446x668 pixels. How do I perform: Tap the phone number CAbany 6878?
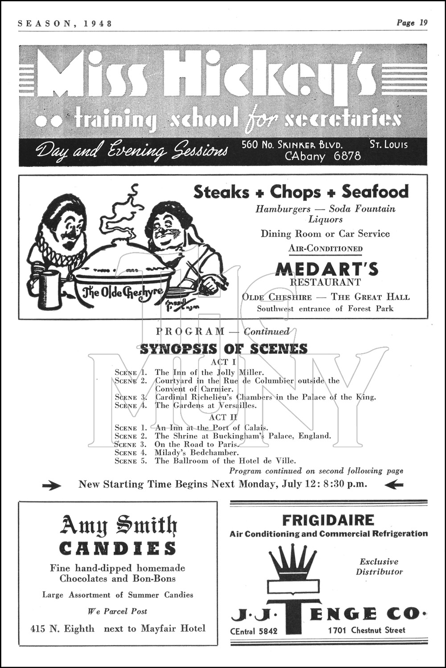[323, 156]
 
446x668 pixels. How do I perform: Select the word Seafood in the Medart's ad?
[375, 191]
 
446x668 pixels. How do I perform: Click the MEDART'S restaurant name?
[326, 269]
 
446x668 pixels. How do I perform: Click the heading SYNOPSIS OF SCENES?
[223, 349]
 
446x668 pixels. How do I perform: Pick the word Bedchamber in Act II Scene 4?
[206, 452]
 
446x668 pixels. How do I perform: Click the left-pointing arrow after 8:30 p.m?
[393, 485]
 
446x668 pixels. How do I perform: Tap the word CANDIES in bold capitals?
[118, 548]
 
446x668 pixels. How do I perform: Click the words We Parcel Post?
[117, 611]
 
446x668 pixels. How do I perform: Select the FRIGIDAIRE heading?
[328, 520]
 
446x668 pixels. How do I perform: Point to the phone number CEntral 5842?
[254, 631]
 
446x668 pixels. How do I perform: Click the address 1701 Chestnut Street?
[367, 630]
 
